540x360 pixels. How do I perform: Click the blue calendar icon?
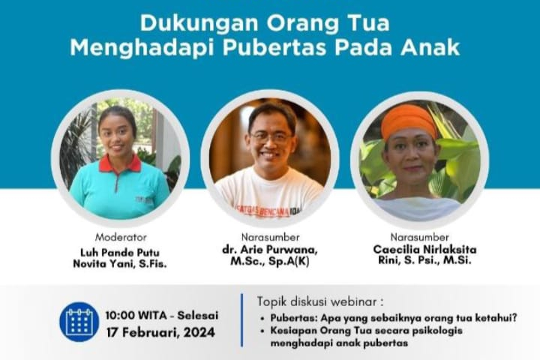(79, 322)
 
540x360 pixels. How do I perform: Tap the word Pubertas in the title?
(274, 47)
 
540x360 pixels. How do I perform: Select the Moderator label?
(121, 237)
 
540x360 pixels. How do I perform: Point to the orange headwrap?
(409, 121)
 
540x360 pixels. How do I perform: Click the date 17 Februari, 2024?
(160, 332)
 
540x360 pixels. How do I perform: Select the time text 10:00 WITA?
(136, 315)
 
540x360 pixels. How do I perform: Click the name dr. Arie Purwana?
(270, 250)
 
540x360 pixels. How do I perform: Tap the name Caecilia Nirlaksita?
(424, 250)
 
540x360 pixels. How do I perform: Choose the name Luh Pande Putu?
(120, 253)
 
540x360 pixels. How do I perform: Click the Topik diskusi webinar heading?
(320, 301)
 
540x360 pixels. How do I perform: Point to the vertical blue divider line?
(241, 320)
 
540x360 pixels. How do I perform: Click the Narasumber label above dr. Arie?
(270, 237)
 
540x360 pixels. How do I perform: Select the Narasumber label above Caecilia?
(419, 237)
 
